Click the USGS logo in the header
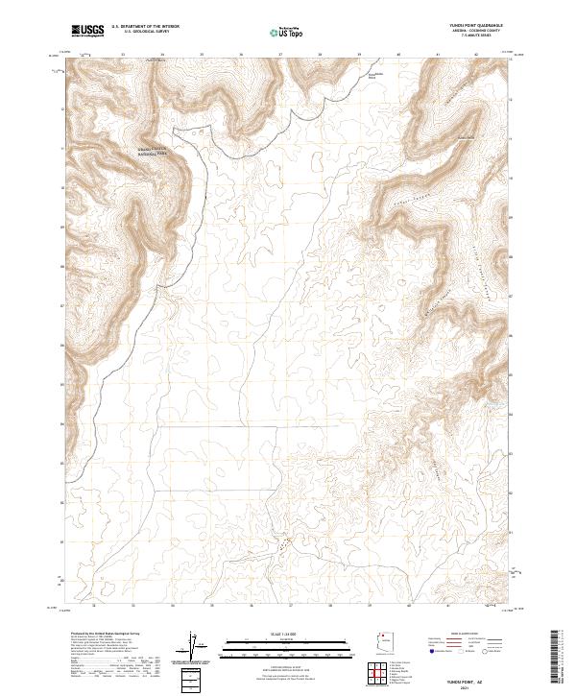[87, 31]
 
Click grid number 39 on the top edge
[358, 55]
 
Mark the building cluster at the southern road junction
[283, 544]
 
